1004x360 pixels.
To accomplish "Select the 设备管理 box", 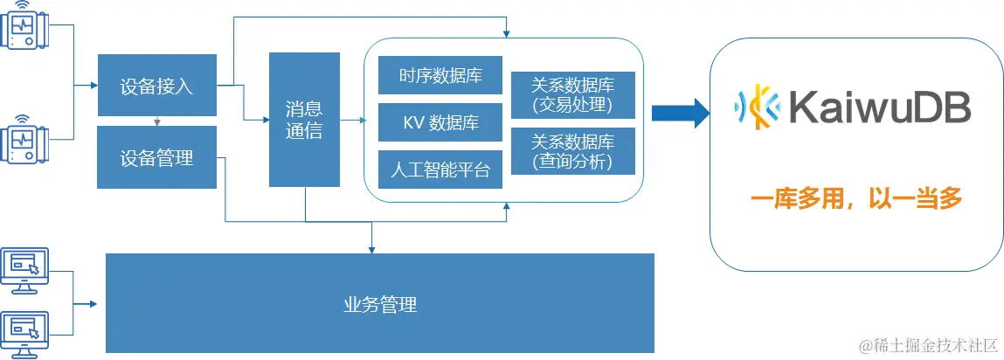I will [x=156, y=157].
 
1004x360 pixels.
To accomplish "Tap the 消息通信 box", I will [x=304, y=119].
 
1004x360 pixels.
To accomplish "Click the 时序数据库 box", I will [x=440, y=75].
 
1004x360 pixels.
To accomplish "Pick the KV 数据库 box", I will [x=440, y=122].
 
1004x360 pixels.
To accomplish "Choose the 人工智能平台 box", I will [x=440, y=170].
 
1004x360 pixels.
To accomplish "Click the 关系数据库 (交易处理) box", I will [x=572, y=95].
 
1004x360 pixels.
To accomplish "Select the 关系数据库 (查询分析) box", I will [x=572, y=151].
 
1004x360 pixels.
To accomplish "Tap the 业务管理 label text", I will [x=379, y=305].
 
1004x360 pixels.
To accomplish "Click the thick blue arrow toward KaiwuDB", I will [x=679, y=111].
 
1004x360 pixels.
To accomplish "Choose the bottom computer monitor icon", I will [x=25, y=331].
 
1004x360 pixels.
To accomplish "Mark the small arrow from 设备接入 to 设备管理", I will [x=156, y=121].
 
